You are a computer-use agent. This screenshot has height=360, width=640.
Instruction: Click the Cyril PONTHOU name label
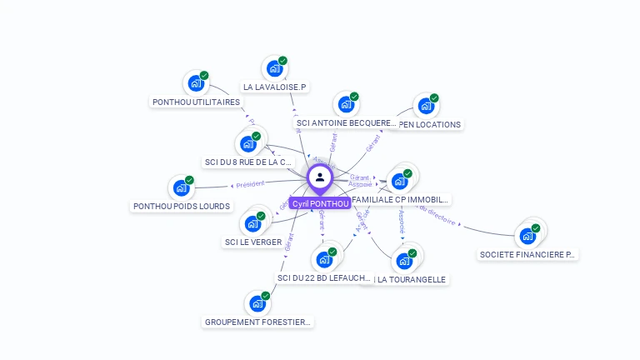(319, 203)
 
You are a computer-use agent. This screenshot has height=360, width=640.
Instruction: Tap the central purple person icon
(319, 177)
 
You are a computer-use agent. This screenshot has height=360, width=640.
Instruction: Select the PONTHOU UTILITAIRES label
(197, 102)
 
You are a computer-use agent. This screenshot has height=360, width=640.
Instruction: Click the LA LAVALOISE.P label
(275, 87)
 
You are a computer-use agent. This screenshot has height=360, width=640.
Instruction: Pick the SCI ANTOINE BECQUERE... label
(347, 123)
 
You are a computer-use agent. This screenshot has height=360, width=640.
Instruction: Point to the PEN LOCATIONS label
(430, 124)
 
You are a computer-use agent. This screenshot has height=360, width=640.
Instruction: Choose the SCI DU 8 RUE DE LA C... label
(248, 162)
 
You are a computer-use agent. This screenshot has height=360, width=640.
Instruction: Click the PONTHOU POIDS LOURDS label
(182, 206)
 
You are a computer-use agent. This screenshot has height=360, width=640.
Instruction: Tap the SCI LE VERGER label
(253, 242)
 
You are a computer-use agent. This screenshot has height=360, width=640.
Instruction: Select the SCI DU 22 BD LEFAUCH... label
(323, 277)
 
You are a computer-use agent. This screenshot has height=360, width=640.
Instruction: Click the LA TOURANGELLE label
(411, 279)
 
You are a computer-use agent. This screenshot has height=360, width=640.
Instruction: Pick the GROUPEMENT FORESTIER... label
(258, 322)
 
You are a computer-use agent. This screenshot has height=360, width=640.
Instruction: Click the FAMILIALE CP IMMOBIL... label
(401, 199)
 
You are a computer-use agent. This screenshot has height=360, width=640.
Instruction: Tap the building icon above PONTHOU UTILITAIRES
(196, 83)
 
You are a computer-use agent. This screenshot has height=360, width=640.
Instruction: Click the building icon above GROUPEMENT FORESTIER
(257, 303)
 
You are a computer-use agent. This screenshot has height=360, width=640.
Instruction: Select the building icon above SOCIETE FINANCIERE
(527, 236)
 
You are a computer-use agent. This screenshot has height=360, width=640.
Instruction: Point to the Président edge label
(250, 184)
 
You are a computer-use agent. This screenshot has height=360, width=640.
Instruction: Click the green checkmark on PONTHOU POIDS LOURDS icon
(189, 180)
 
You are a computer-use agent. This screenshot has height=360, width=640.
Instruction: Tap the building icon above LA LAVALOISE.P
(274, 68)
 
